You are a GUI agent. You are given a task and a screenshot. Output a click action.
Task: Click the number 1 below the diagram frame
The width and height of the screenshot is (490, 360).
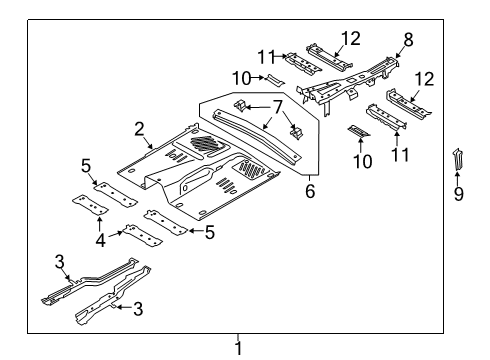coord(238,347)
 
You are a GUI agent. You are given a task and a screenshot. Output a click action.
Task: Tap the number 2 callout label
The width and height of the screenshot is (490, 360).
coord(140,128)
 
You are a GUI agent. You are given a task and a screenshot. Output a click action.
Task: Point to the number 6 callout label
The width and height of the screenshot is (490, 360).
coord(311,188)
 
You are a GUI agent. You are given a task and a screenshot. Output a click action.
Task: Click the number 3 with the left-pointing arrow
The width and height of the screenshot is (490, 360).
coord(139,310)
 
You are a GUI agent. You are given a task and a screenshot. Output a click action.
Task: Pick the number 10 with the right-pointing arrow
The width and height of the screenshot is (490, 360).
coord(242,78)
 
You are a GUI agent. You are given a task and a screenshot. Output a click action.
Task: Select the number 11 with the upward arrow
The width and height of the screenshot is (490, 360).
coord(401,156)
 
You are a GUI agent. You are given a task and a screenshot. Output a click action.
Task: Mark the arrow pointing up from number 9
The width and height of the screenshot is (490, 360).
coord(458,175)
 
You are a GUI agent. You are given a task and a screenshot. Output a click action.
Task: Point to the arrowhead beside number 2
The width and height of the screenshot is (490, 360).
coord(152,146)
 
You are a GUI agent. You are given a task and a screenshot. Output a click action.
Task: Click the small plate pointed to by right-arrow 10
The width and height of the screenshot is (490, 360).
coord(274,81)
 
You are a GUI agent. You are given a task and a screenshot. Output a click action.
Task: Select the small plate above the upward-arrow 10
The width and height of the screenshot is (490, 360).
coord(357,130)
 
